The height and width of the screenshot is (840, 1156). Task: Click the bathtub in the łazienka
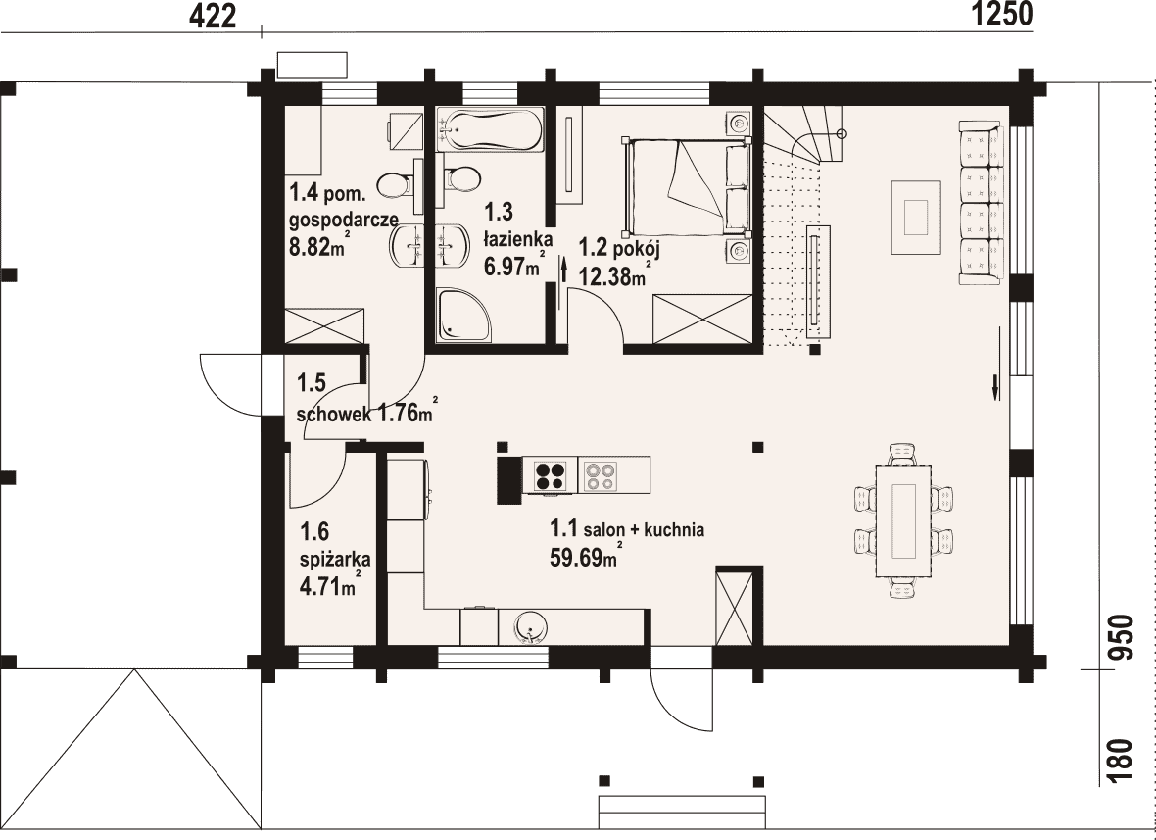click(490, 129)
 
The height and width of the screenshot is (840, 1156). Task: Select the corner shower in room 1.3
click(463, 316)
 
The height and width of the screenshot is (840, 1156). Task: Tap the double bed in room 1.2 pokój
click(687, 186)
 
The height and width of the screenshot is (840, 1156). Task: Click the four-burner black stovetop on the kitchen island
click(550, 475)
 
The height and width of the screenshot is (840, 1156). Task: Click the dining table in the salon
click(903, 520)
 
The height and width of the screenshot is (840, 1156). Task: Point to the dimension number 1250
click(1002, 14)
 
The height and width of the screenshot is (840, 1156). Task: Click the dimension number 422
click(213, 17)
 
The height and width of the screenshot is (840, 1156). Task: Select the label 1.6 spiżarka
click(335, 544)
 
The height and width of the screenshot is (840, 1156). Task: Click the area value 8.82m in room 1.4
click(317, 246)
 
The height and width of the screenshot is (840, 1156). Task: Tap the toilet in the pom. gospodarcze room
click(397, 184)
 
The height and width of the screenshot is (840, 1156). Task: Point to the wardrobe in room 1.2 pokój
click(702, 319)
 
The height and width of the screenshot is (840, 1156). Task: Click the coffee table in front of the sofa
click(916, 218)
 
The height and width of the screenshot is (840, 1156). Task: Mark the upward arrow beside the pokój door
click(563, 270)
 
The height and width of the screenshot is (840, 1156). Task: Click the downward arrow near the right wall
click(995, 386)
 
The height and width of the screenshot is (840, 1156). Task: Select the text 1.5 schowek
click(332, 399)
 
